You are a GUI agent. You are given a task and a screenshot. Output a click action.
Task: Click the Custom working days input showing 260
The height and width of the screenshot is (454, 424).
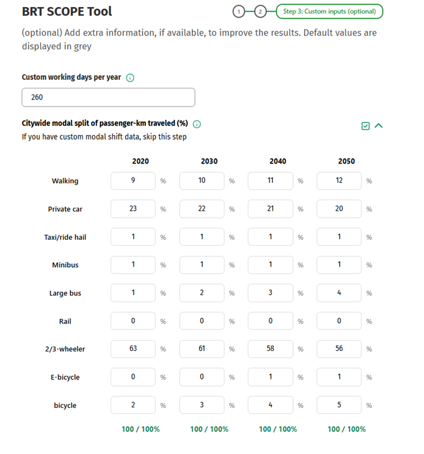(x=108, y=97)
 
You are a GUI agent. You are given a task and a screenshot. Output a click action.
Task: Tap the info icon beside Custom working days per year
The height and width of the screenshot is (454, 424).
(x=130, y=78)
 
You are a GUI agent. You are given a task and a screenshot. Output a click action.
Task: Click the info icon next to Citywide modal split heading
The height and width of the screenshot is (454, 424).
(x=197, y=124)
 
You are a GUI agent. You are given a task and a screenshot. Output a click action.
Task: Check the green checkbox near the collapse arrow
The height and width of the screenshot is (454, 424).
(x=365, y=126)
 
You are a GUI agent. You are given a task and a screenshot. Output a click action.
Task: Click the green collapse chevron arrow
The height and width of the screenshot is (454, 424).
(x=379, y=125)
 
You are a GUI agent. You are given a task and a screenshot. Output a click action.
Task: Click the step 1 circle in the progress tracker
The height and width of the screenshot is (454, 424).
(x=237, y=11)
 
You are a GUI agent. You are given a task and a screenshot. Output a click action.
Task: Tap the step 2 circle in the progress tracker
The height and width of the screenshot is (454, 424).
(x=261, y=11)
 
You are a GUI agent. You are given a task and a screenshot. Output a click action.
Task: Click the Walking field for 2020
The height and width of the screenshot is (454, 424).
(x=133, y=180)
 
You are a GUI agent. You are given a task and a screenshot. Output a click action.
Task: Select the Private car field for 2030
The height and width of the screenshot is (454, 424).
(x=202, y=208)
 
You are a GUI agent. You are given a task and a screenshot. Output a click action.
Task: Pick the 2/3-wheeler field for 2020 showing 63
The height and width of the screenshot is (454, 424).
(x=133, y=349)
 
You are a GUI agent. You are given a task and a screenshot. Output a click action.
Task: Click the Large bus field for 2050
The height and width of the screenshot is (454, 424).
(x=339, y=293)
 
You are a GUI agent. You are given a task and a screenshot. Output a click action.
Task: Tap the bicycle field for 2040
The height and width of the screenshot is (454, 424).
(x=270, y=405)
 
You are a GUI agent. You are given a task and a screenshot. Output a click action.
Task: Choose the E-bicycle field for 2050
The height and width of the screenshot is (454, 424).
(x=339, y=377)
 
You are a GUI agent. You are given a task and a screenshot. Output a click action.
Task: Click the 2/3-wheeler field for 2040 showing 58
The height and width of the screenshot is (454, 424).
(x=270, y=349)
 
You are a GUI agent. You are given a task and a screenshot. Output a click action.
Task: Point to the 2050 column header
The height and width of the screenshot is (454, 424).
(x=346, y=161)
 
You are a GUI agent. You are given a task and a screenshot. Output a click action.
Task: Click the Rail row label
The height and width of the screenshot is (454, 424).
(x=65, y=321)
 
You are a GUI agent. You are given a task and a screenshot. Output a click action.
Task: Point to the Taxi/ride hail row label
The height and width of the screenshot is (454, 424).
(x=65, y=237)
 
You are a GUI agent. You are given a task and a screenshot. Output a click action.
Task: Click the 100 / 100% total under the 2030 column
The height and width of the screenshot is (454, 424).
(x=209, y=429)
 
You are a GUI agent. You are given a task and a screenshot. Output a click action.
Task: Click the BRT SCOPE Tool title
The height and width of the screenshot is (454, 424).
(x=67, y=11)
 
